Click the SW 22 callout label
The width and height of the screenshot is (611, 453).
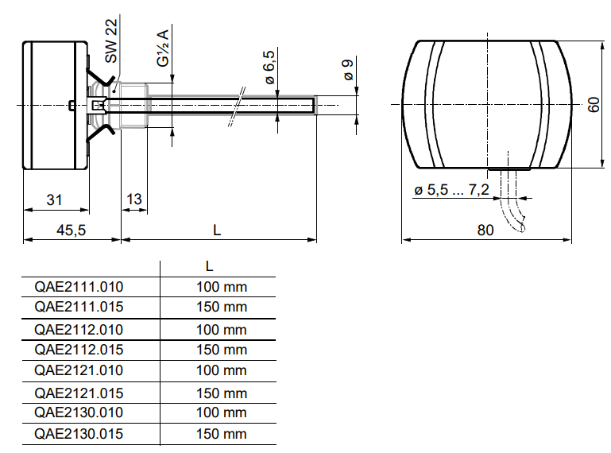click(x=111, y=41)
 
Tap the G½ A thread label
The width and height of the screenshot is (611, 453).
click(x=163, y=48)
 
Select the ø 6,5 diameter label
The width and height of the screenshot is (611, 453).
click(x=269, y=67)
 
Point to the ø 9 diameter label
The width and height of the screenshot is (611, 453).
click(x=348, y=70)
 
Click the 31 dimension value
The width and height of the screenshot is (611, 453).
click(x=54, y=199)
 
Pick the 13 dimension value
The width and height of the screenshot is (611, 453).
click(x=134, y=199)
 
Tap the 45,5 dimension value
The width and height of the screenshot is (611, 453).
click(x=71, y=230)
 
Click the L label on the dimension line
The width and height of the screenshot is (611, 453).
click(x=217, y=230)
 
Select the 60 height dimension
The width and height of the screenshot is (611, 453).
click(x=594, y=104)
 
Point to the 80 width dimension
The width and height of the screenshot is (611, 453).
click(x=485, y=230)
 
